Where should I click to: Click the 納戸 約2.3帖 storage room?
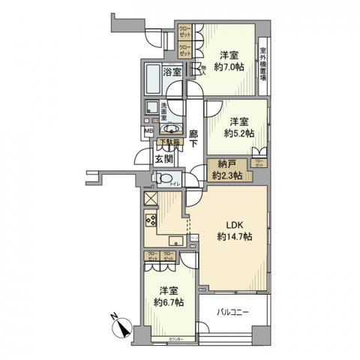pos(225,170)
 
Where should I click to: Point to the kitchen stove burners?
pos(150,223)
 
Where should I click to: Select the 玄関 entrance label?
pos(163,158)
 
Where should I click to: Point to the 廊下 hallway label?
pos(193,139)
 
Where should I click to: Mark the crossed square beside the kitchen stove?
pos(150,200)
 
